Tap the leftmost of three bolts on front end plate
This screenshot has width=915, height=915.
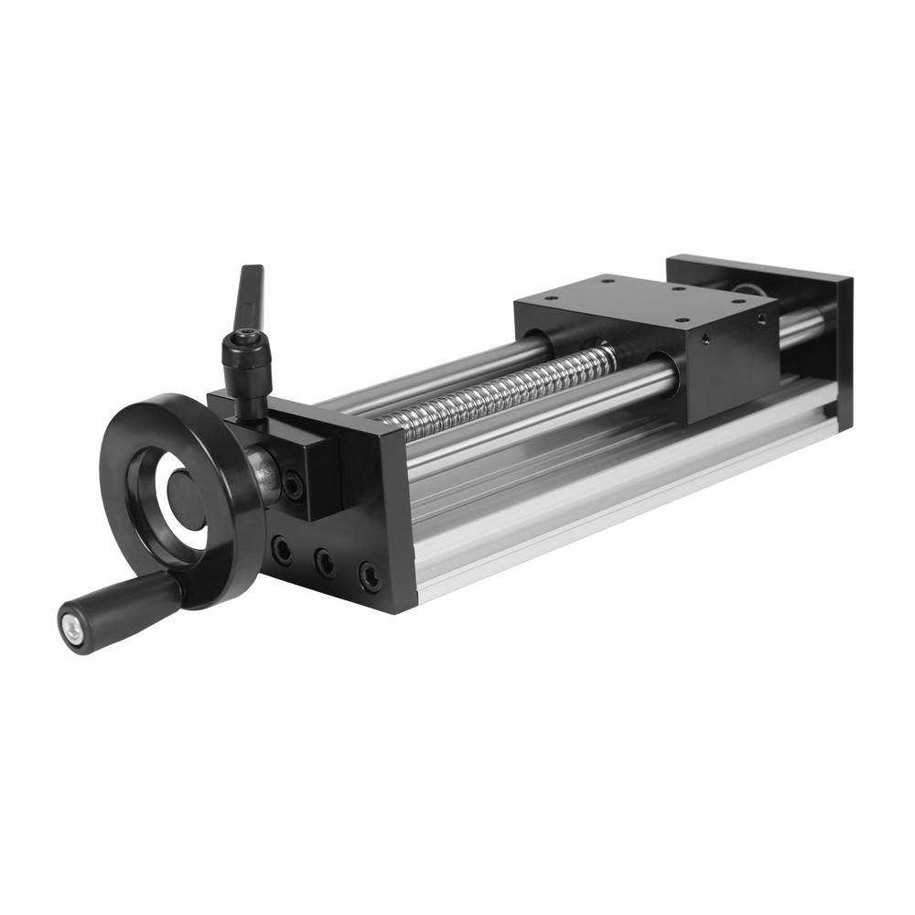click(x=283, y=550)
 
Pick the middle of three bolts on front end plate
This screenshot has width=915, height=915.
click(x=325, y=563)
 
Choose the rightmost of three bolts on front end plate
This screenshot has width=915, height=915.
click(x=370, y=576)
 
